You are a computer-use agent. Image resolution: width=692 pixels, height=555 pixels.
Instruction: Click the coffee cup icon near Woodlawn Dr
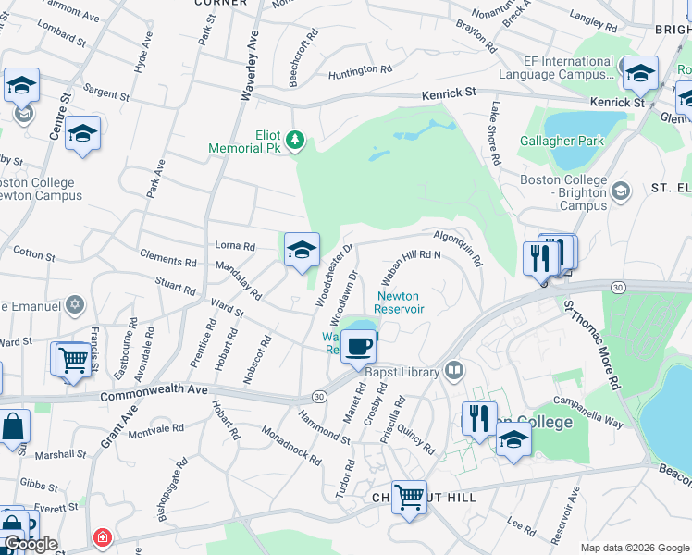[358, 347]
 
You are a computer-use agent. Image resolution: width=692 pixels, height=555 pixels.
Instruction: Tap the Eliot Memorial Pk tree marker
[295, 140]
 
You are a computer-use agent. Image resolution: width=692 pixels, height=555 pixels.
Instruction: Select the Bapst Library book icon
[453, 372]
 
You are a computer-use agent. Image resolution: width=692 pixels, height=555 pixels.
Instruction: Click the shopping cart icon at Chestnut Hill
[408, 496]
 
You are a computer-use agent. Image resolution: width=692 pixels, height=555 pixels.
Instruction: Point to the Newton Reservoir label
[400, 302]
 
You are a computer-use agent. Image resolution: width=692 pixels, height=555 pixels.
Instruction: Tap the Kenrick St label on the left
[449, 93]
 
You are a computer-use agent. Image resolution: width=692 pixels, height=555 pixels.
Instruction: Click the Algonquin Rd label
[458, 249]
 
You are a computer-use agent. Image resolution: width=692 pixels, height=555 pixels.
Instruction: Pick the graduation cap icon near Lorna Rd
[302, 250]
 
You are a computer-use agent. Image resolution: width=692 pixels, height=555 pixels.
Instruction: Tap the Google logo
[31, 544]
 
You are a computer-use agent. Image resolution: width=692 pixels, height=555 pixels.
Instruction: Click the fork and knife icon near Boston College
[479, 417]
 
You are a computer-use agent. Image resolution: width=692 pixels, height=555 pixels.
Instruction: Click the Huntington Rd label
[352, 69]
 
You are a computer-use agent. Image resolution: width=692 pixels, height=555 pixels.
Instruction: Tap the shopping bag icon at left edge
[13, 428]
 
